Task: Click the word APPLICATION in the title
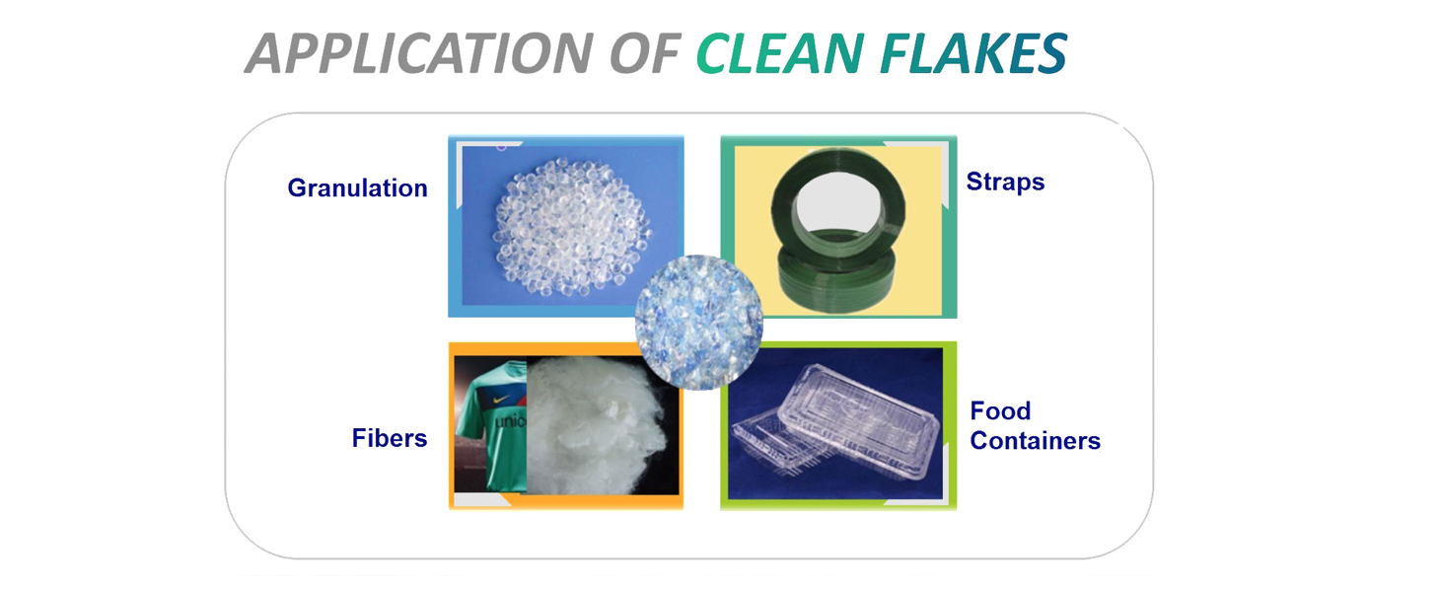pos(418,52)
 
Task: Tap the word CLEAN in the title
pos(780,52)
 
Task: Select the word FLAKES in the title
pos(973,52)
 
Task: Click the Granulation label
pos(357,187)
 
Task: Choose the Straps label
pos(1005,183)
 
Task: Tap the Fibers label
pos(390,438)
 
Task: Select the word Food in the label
pos(1000,410)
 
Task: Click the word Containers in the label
pos(1035,441)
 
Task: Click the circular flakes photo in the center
pos(698,322)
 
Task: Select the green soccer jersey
pos(492,424)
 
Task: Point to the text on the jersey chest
pos(511,420)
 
